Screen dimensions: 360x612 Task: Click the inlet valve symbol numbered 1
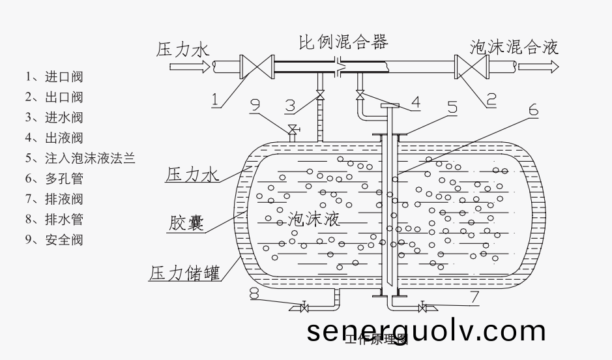[x=255, y=67]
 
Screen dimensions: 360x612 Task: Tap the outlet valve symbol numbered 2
[x=471, y=67]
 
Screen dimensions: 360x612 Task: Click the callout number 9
[x=255, y=104]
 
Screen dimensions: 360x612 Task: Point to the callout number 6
[x=533, y=110]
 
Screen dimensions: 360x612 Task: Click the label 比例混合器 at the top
[x=343, y=42]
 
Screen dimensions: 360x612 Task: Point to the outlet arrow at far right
[x=547, y=66]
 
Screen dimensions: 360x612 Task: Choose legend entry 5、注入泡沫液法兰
[x=80, y=158]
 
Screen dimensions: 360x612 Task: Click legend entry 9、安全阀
[x=54, y=239]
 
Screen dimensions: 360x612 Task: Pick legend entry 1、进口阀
[x=54, y=76]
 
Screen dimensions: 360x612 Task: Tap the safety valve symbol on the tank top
[x=293, y=128]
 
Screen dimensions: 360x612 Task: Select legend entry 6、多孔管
[x=54, y=178]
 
